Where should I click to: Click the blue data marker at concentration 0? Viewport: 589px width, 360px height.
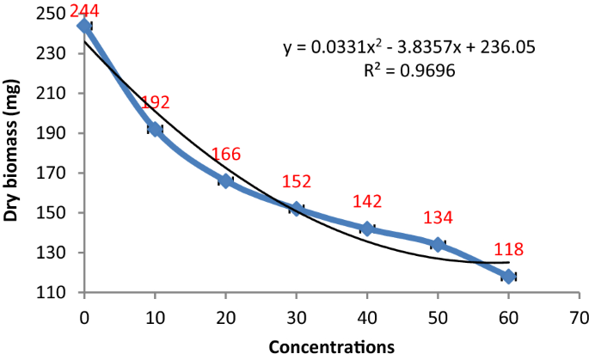[x=84, y=26]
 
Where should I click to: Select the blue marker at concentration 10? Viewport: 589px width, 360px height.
[x=155, y=129]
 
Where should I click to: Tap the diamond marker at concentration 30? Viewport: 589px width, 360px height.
[x=297, y=209]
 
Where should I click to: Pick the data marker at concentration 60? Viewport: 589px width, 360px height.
[x=508, y=276]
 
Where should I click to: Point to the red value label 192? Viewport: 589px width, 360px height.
[x=156, y=103]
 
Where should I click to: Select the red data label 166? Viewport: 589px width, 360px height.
[x=225, y=155]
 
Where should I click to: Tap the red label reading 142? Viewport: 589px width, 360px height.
[x=367, y=202]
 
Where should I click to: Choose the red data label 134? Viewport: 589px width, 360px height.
[x=439, y=218]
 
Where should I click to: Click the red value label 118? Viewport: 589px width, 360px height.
[x=508, y=251]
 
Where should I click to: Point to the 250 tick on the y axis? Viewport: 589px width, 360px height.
[x=53, y=15]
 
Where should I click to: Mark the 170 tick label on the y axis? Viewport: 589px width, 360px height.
[x=53, y=174]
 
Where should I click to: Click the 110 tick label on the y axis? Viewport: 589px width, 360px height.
[x=53, y=293]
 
